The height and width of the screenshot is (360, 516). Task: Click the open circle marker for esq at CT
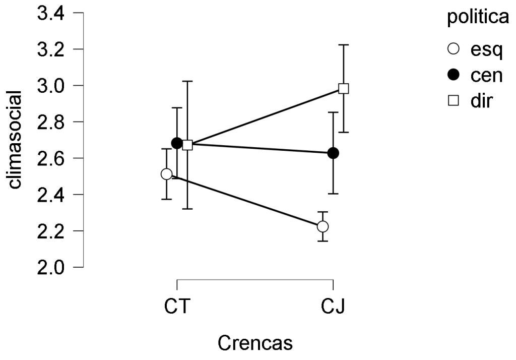pos(167,174)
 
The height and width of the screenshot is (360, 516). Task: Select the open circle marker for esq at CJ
pos(322,226)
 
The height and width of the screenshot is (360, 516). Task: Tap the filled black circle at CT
pos(177,143)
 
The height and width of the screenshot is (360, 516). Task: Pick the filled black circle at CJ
pos(333,153)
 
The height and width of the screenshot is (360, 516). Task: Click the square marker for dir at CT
pos(187,145)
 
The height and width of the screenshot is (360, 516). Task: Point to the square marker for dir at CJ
pos(344,88)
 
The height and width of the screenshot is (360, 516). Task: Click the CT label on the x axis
pos(177,306)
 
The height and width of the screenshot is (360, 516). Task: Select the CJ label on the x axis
pos(333,306)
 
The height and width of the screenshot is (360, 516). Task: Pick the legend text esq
pos(483,49)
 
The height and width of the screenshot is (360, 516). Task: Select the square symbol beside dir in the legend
pos(454,100)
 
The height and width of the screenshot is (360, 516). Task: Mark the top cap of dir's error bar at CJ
pos(344,45)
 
